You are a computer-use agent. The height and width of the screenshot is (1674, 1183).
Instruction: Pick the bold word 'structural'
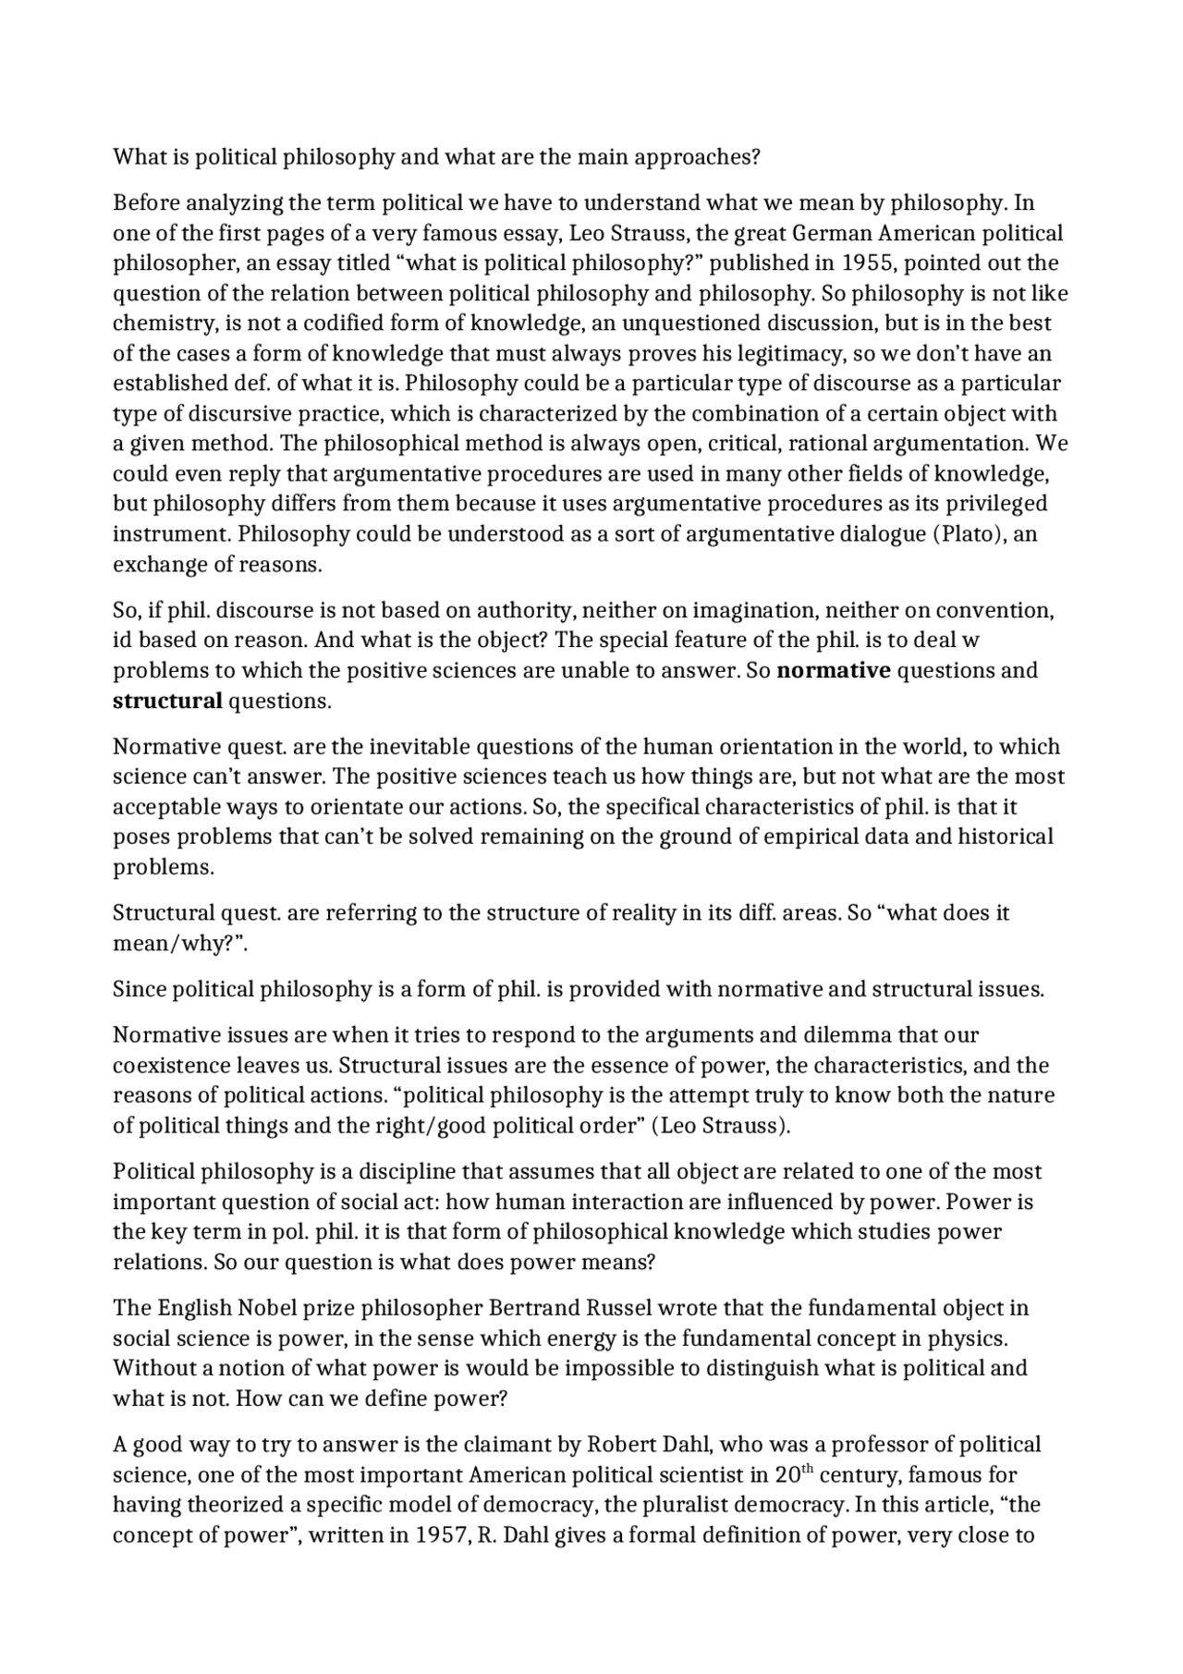(167, 702)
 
